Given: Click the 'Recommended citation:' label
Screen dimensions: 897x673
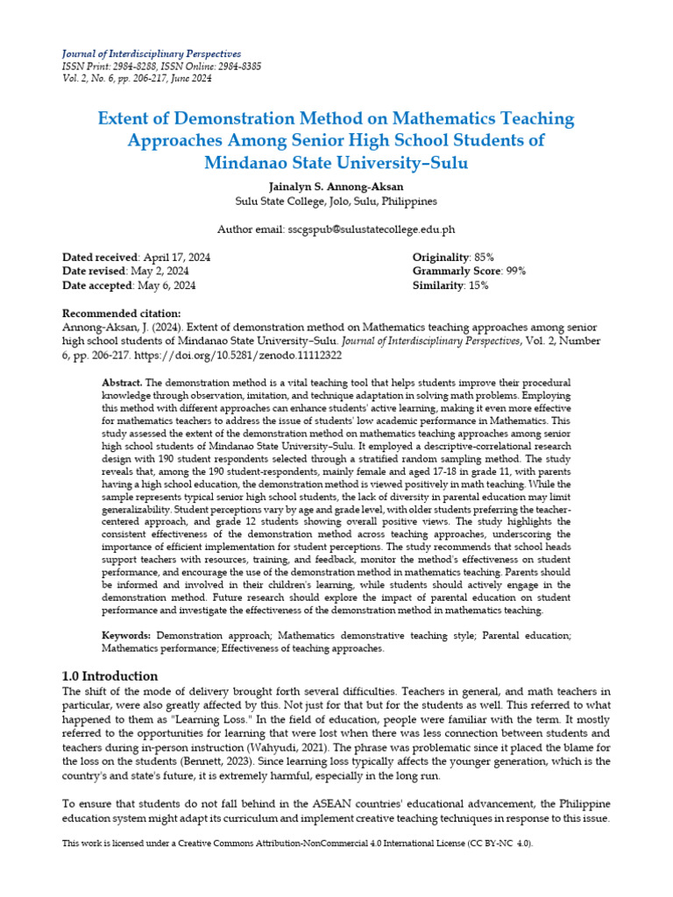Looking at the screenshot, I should pyautogui.click(x=122, y=314).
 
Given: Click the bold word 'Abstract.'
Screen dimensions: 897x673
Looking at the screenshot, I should pyautogui.click(x=122, y=384).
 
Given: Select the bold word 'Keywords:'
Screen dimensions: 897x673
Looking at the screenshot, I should pyautogui.click(x=126, y=633).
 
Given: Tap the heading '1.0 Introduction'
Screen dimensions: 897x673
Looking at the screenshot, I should pyautogui.click(x=110, y=675).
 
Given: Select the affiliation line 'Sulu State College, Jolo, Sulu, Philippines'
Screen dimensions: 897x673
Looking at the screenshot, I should pyautogui.click(x=336, y=201).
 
